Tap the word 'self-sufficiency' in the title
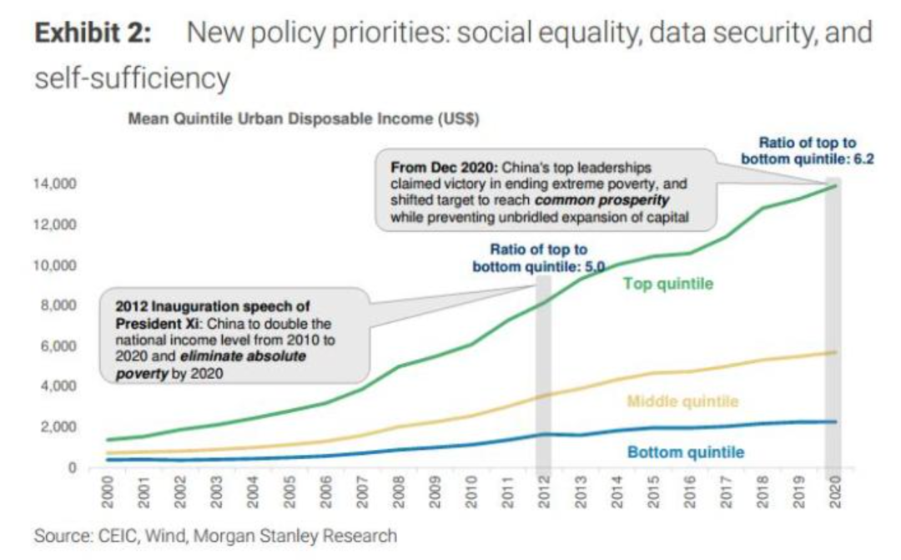coord(131,78)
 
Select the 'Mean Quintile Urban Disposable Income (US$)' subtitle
coord(304,119)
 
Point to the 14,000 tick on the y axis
coord(56,184)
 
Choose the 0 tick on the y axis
coord(73,467)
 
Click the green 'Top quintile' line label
coord(668,284)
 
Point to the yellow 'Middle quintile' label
coord(682,402)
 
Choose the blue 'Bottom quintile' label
coord(686,453)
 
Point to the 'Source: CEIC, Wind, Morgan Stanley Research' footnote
coord(215,535)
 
